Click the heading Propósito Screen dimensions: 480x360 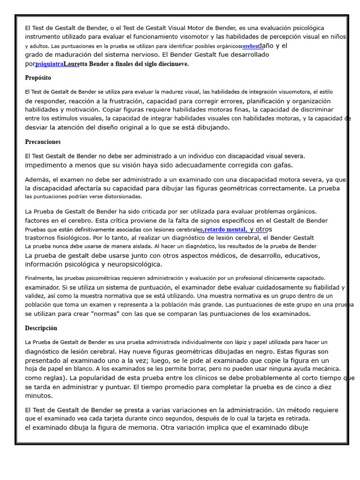(38, 78)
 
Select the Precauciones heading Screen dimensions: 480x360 (43, 142)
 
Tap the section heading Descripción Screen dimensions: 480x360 (41, 328)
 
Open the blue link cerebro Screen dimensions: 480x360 (249, 46)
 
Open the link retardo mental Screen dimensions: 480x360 (225, 230)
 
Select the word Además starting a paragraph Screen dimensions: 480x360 (37, 180)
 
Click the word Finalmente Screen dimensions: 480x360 (39, 278)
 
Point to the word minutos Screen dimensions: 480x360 (38, 396)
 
